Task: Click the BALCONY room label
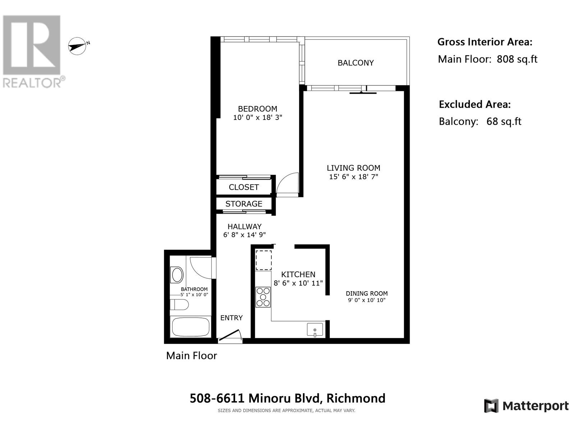point(355,63)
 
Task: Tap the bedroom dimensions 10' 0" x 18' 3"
point(258,117)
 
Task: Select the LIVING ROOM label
point(353,168)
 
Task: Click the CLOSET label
point(244,187)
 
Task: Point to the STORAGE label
point(244,204)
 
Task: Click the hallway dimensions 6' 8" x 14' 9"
point(244,235)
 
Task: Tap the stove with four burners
point(263,297)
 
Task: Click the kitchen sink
point(315,330)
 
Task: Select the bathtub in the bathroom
point(190,327)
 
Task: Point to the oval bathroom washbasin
point(177,275)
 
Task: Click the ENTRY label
point(231,318)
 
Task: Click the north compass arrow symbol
point(78,46)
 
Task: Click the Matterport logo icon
point(491,406)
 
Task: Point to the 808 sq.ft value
point(517,59)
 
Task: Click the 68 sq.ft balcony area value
point(503,121)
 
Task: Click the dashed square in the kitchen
point(264,260)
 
